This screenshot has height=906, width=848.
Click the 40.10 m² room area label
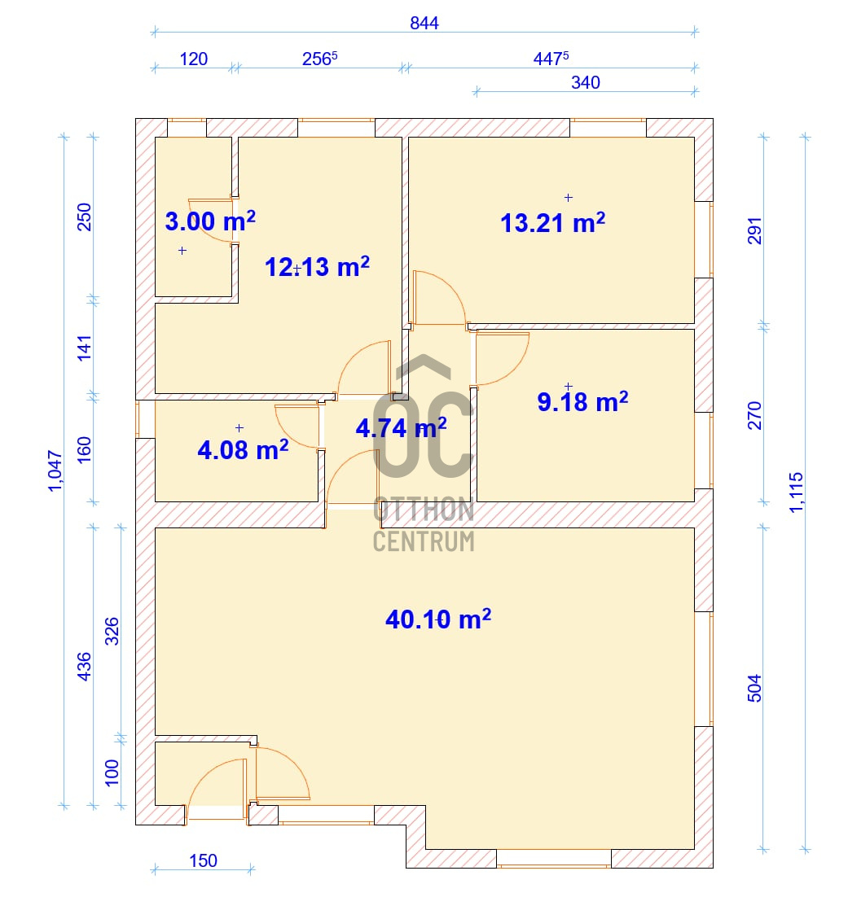click(x=438, y=619)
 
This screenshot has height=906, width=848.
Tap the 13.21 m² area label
click(x=552, y=223)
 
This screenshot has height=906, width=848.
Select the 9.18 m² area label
click(x=582, y=401)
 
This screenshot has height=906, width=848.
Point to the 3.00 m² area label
click(x=210, y=221)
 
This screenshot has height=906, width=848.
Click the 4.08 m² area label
click(x=243, y=449)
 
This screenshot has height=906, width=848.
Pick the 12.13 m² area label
click(x=317, y=267)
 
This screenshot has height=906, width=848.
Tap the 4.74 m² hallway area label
click(x=401, y=428)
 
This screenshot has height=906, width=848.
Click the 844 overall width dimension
click(x=424, y=23)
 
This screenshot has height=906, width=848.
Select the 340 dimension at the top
click(x=586, y=83)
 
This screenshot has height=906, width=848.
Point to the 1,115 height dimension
click(x=797, y=492)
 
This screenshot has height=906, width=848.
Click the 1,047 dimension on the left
click(x=55, y=471)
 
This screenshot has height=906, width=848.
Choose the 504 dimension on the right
click(x=755, y=688)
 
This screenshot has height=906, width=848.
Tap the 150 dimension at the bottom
click(x=203, y=861)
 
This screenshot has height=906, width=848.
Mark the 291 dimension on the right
click(x=755, y=230)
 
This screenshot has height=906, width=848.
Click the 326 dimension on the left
click(x=112, y=631)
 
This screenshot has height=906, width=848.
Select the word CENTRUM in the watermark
click(x=424, y=541)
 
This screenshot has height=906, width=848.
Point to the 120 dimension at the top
click(x=194, y=59)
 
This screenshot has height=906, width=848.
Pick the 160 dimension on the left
click(x=85, y=449)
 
